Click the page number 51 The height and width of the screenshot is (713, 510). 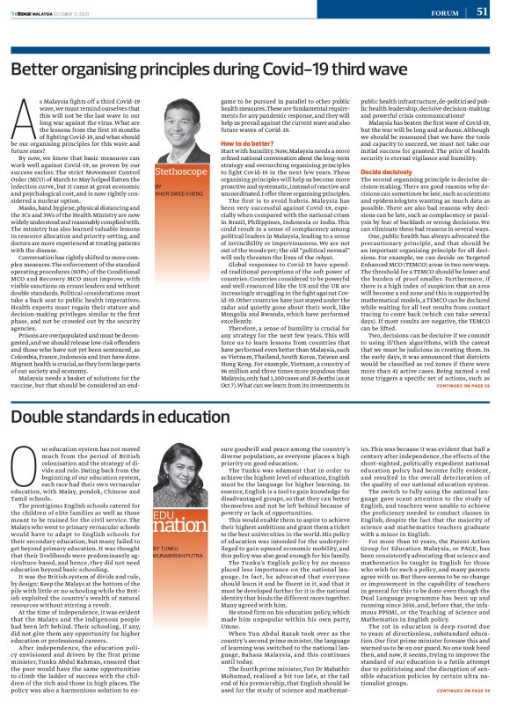pos(482,11)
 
